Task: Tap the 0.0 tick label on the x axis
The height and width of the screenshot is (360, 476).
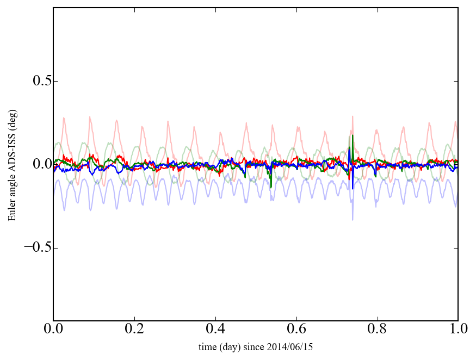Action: [x=53, y=329]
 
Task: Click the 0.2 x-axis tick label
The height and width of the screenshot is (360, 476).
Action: [x=134, y=329]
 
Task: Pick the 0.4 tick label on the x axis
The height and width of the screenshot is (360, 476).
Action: [x=215, y=329]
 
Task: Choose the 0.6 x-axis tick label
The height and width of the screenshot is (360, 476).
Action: [x=296, y=329]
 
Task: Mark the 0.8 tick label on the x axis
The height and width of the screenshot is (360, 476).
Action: [x=377, y=329]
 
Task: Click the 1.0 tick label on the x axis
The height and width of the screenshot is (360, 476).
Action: [x=458, y=329]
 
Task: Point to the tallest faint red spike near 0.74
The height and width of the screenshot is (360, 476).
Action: [x=353, y=116]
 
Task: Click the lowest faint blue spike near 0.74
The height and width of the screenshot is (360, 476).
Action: [x=353, y=219]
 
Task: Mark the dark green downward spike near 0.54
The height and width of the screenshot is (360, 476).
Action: [x=271, y=188]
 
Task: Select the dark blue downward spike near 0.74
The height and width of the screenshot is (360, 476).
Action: [x=352, y=189]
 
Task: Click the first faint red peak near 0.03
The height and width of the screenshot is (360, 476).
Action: [x=64, y=117]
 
